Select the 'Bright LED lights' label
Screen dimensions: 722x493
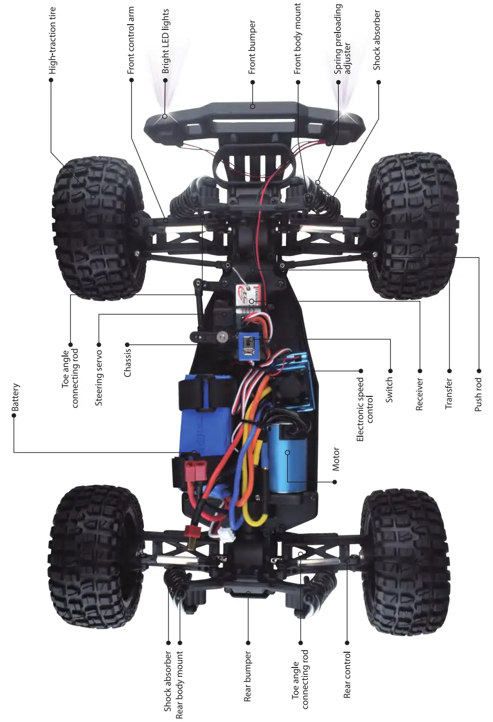tap(165, 41)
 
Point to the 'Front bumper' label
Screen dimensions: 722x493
tap(252, 47)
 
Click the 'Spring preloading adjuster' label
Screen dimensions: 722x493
tap(343, 39)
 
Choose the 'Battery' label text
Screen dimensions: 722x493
tap(15, 397)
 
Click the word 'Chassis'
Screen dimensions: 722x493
tap(128, 362)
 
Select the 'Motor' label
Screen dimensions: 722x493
tap(336, 459)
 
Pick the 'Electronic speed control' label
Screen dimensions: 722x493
tap(365, 409)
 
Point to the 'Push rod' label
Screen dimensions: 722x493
tap(478, 394)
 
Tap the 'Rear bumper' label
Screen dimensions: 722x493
tap(248, 676)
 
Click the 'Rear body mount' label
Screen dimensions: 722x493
tap(180, 685)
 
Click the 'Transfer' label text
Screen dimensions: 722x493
tap(448, 394)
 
